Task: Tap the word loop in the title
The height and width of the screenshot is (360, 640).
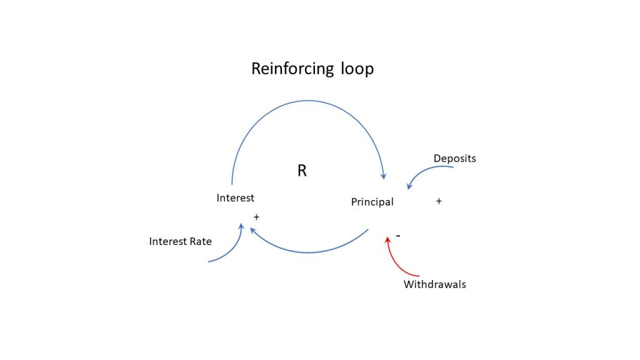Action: pos(357,68)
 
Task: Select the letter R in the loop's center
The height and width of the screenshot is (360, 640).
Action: pos(302,171)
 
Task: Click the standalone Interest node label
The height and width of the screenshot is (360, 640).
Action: pos(235,198)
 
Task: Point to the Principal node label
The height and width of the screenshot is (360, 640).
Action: pos(372,202)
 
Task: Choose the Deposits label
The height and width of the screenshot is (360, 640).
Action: pos(454,159)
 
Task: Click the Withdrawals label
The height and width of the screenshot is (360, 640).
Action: pos(434,284)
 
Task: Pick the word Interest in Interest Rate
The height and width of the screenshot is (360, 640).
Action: pos(167,241)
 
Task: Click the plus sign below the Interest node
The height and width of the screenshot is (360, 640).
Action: pos(256,216)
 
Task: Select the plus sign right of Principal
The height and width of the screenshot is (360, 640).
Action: pos(439,201)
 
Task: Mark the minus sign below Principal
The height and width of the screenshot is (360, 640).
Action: pos(398,236)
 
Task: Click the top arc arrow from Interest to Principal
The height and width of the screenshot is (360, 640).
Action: pos(306,101)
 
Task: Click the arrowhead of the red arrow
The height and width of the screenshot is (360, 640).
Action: pos(389,238)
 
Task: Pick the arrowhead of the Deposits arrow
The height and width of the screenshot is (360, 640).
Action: pos(409,186)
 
